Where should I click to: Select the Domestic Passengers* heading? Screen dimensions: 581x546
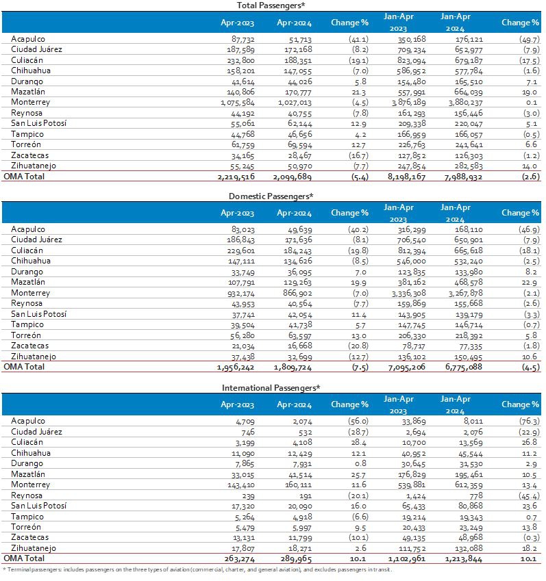271,196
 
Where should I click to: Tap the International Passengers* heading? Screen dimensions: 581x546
271,387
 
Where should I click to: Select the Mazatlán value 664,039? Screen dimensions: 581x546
464,92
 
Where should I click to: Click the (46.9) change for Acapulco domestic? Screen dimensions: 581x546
519,229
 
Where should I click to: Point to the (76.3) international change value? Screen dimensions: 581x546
519,421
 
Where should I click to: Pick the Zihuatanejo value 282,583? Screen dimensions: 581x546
464,166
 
